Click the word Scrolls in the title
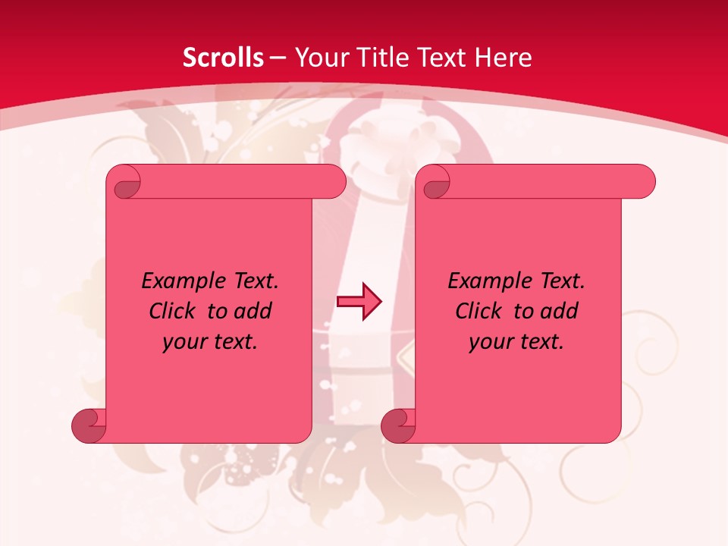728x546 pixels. click(223, 58)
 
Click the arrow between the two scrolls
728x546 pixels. click(359, 302)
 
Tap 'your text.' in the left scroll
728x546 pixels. click(210, 342)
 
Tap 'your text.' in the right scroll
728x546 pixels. click(516, 342)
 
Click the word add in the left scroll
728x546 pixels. click(253, 311)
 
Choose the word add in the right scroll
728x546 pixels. click(559, 311)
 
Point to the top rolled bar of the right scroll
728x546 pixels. click(546, 181)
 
